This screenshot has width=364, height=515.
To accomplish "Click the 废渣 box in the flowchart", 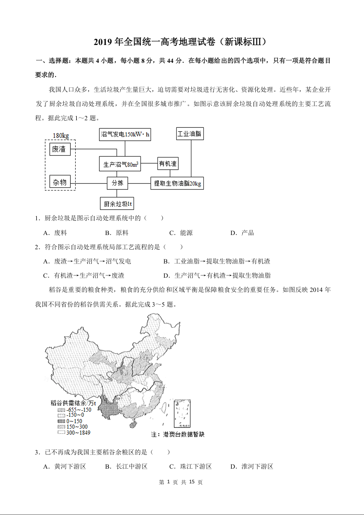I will (60, 149).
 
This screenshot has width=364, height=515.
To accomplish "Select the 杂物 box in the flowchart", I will (60, 183).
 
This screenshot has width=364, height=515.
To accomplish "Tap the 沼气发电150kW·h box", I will (125, 134).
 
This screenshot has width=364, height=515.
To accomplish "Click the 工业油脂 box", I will (190, 134).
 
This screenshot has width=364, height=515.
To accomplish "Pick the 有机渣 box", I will (168, 163).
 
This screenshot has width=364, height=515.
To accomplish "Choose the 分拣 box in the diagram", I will (117, 183).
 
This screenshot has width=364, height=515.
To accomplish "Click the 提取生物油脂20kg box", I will (177, 183).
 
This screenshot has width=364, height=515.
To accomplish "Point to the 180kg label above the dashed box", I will (61, 136).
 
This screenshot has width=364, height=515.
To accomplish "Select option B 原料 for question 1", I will (117, 233).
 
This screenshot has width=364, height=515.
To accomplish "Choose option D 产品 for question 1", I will (242, 233).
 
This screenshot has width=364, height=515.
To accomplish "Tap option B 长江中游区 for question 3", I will (126, 466).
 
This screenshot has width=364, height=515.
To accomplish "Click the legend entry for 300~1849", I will (73, 432).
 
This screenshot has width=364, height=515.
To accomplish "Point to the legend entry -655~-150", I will (74, 410).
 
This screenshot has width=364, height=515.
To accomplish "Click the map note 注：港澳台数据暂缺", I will (177, 434).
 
